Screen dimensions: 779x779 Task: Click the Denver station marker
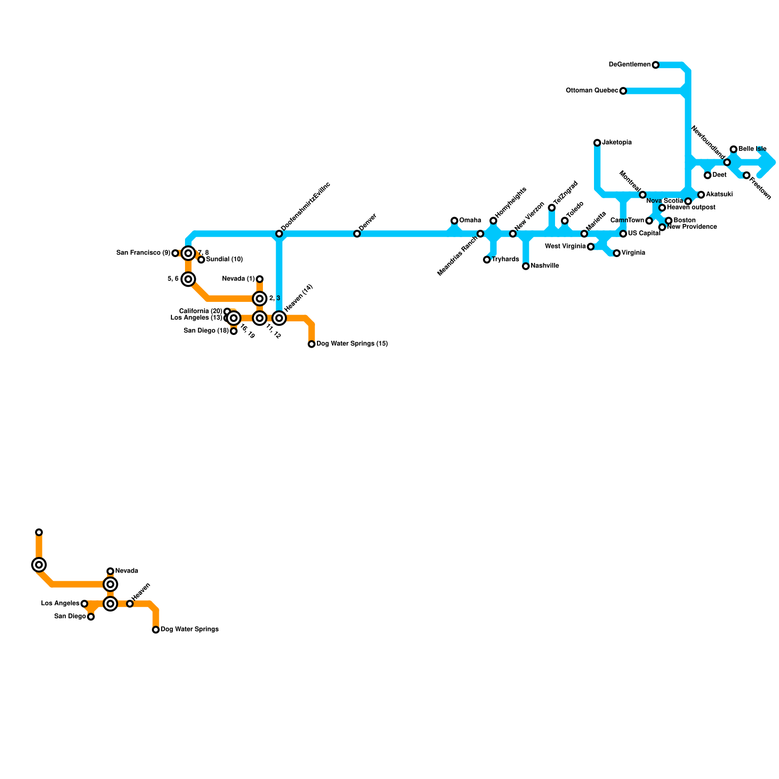(357, 234)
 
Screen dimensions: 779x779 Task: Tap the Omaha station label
(470, 221)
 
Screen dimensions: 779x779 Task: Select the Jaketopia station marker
(597, 143)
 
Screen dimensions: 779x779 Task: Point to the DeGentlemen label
(630, 65)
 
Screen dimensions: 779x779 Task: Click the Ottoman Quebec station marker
(623, 91)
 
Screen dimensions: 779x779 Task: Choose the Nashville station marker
(526, 266)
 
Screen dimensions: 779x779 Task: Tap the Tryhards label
(505, 260)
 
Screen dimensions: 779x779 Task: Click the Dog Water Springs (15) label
(352, 344)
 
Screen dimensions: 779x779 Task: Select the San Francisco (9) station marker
(175, 253)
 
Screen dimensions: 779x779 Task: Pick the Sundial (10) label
(224, 260)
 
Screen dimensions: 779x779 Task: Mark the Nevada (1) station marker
(260, 279)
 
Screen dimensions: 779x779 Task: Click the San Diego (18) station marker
(234, 331)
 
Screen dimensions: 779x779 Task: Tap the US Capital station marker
(623, 234)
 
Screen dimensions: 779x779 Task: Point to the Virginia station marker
(617, 253)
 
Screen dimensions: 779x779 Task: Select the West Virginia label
(565, 246)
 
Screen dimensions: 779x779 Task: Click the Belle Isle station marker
(733, 149)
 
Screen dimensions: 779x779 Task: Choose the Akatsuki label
(719, 195)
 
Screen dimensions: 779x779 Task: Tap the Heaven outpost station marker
(662, 208)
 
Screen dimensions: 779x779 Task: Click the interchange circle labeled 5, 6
(188, 279)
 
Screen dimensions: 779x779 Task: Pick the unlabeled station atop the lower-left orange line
(39, 532)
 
